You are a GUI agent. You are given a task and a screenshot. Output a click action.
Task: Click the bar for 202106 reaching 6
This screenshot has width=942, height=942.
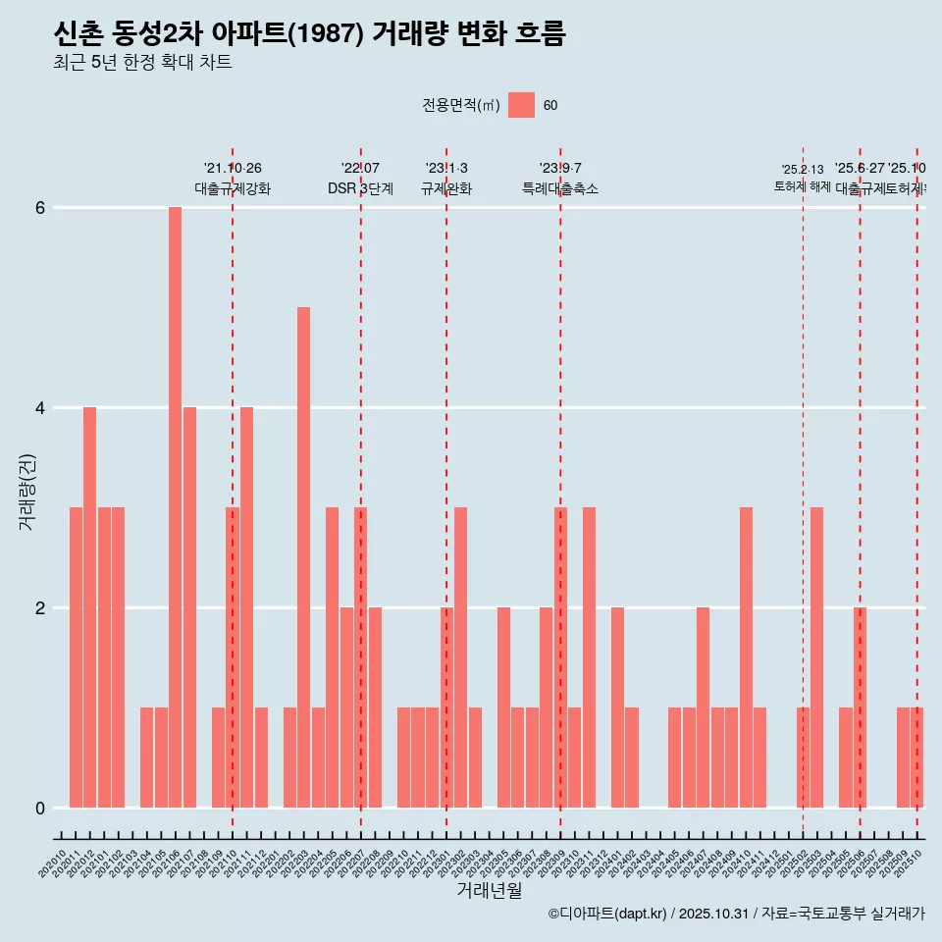(x=175, y=507)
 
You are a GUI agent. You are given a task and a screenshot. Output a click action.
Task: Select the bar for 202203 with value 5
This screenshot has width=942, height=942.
(x=303, y=557)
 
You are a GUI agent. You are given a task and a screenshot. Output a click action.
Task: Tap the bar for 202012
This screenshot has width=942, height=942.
(x=89, y=607)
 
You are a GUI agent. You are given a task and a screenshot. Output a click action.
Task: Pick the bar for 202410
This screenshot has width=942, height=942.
(x=746, y=657)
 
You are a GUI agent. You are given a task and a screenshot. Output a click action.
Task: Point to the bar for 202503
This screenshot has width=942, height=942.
(x=816, y=657)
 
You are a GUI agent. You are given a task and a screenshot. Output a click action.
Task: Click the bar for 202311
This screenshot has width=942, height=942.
(x=589, y=657)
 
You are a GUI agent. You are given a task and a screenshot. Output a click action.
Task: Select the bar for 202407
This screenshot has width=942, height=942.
(x=703, y=707)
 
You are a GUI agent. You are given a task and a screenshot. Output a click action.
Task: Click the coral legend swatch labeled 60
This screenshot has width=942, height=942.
(x=521, y=105)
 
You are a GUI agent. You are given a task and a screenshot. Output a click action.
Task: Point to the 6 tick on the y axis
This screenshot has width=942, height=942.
(x=40, y=208)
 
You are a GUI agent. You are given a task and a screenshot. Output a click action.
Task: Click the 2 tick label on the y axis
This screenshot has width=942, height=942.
(x=40, y=608)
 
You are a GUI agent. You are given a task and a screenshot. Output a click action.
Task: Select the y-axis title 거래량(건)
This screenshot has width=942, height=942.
(x=26, y=492)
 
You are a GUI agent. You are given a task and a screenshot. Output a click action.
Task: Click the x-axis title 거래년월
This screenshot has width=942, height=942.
(x=489, y=890)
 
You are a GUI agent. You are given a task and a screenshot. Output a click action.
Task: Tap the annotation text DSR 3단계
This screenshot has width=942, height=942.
(x=360, y=189)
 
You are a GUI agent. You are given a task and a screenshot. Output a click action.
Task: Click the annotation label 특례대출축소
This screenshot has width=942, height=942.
(x=560, y=189)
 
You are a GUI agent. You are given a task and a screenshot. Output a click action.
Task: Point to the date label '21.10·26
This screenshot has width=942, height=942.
(x=233, y=169)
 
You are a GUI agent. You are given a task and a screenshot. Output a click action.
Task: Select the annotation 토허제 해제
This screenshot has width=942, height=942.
(x=803, y=186)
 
